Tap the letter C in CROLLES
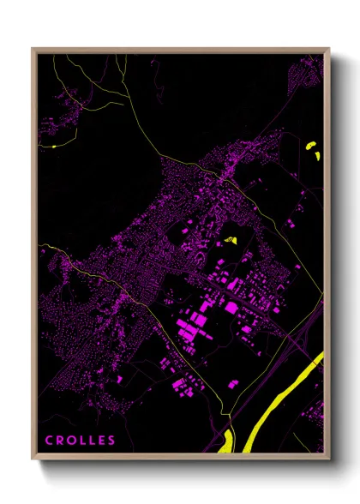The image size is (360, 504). pyautogui.click(x=49, y=441)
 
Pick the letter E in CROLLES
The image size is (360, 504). pyautogui.click(x=101, y=441)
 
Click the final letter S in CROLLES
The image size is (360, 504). pyautogui.click(x=111, y=441)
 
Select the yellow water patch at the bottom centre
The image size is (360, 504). pyautogui.click(x=226, y=441)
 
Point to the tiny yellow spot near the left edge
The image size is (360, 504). pyautogui.click(x=53, y=147)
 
